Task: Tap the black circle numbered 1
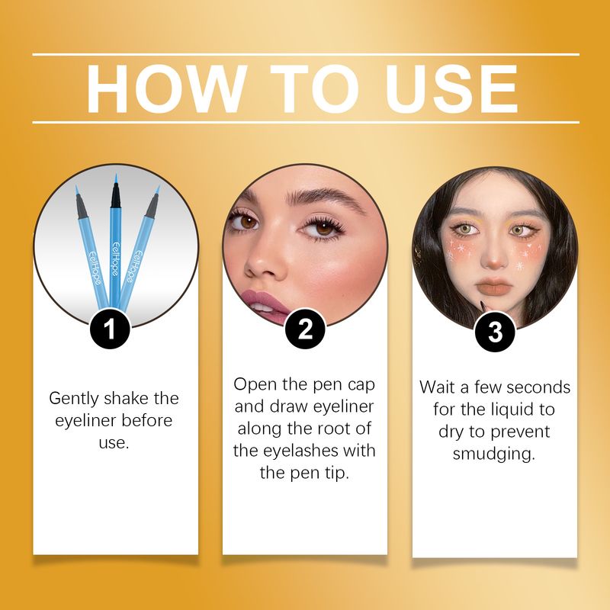coord(110,329)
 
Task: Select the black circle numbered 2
coord(305,329)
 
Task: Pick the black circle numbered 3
coord(495,332)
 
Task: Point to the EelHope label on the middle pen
coord(116,259)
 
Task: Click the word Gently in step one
coord(74,399)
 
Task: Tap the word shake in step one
coord(127,398)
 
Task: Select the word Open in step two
coord(255,385)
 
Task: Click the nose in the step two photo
coord(262,261)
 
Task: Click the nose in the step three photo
coord(494,258)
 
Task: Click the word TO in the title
coord(315,88)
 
